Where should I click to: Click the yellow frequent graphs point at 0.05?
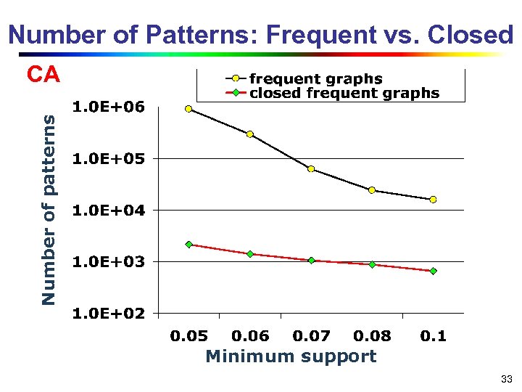(188, 109)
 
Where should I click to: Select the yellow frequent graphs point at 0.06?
(249, 134)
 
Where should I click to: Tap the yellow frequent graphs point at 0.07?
(311, 169)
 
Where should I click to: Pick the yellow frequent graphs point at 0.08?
(372, 190)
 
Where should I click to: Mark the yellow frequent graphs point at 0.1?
(433, 200)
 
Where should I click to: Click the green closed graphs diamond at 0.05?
(188, 245)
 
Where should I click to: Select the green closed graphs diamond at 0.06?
(249, 254)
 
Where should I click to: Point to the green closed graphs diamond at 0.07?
(311, 260)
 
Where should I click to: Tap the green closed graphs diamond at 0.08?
(372, 264)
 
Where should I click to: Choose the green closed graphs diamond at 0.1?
(433, 271)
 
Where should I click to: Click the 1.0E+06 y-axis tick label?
(109, 107)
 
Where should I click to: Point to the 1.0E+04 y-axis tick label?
(109, 210)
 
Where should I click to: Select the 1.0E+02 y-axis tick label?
(109, 313)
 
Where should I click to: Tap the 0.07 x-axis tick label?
(311, 335)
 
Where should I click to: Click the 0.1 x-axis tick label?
(434, 335)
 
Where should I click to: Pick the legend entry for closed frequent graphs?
(344, 93)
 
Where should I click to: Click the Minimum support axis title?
(291, 356)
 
